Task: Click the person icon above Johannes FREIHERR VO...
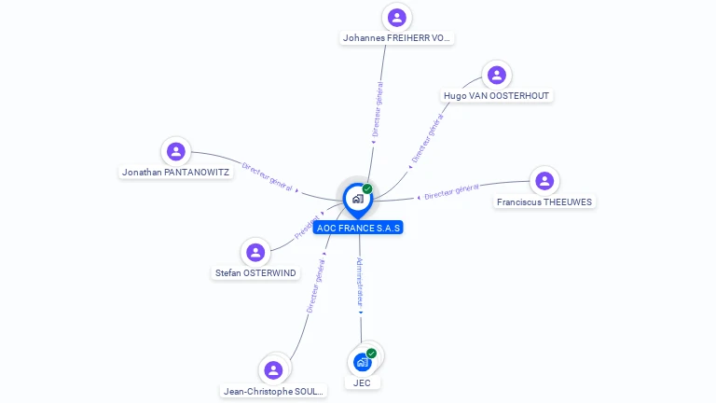click(x=397, y=17)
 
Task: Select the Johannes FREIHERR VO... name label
click(x=397, y=38)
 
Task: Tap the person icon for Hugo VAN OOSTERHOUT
click(x=497, y=75)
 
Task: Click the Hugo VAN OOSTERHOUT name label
click(x=497, y=95)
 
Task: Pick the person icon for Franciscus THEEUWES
click(x=544, y=181)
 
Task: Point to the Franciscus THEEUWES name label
click(x=544, y=201)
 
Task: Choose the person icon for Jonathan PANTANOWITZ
click(x=175, y=151)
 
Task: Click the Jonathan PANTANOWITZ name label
click(x=175, y=172)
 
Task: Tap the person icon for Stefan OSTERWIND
click(x=255, y=252)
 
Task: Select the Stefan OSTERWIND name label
click(x=255, y=273)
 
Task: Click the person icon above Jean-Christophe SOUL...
click(x=273, y=370)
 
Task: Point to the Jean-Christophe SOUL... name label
click(x=274, y=391)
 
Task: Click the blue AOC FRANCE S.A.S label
click(x=358, y=227)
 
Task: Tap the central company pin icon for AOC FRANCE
click(x=356, y=199)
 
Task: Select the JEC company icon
click(x=362, y=362)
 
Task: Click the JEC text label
click(x=362, y=382)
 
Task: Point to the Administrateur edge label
click(x=360, y=283)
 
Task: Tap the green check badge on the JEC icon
click(x=371, y=354)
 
